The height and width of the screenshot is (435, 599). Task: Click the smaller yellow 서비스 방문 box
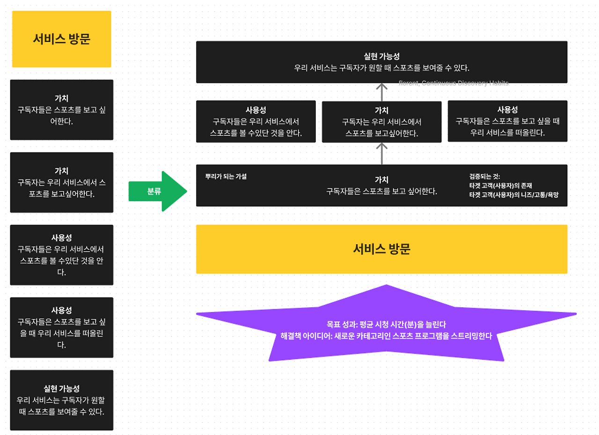[x=61, y=39]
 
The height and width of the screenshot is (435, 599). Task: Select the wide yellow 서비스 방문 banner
[x=381, y=249]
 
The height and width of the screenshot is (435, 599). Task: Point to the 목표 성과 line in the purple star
[x=386, y=324]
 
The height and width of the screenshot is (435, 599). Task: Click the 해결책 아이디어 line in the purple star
[x=386, y=336]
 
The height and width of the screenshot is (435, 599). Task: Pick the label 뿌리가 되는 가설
[x=226, y=177]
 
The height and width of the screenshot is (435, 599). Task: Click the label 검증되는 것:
[x=484, y=176]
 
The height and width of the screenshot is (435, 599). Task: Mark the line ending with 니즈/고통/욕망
[x=513, y=194]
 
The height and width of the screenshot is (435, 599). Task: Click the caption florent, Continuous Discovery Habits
[x=453, y=83]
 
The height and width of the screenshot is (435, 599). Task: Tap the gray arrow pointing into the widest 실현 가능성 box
[x=382, y=92]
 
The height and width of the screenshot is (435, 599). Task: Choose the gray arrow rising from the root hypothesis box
[x=382, y=153]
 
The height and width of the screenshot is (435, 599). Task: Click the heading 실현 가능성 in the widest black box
[x=381, y=56]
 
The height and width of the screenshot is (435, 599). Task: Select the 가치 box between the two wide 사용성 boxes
[x=381, y=122]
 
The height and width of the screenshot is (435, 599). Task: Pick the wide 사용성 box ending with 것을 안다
[x=256, y=121]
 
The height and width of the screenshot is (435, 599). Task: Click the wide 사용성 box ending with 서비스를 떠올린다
[x=507, y=121]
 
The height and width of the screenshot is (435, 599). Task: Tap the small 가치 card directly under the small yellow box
[x=61, y=109]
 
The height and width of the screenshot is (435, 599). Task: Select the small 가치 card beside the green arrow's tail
[x=61, y=182]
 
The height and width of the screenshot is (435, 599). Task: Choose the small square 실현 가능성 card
[x=61, y=400]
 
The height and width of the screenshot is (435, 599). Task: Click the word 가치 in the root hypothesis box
[x=381, y=180]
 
